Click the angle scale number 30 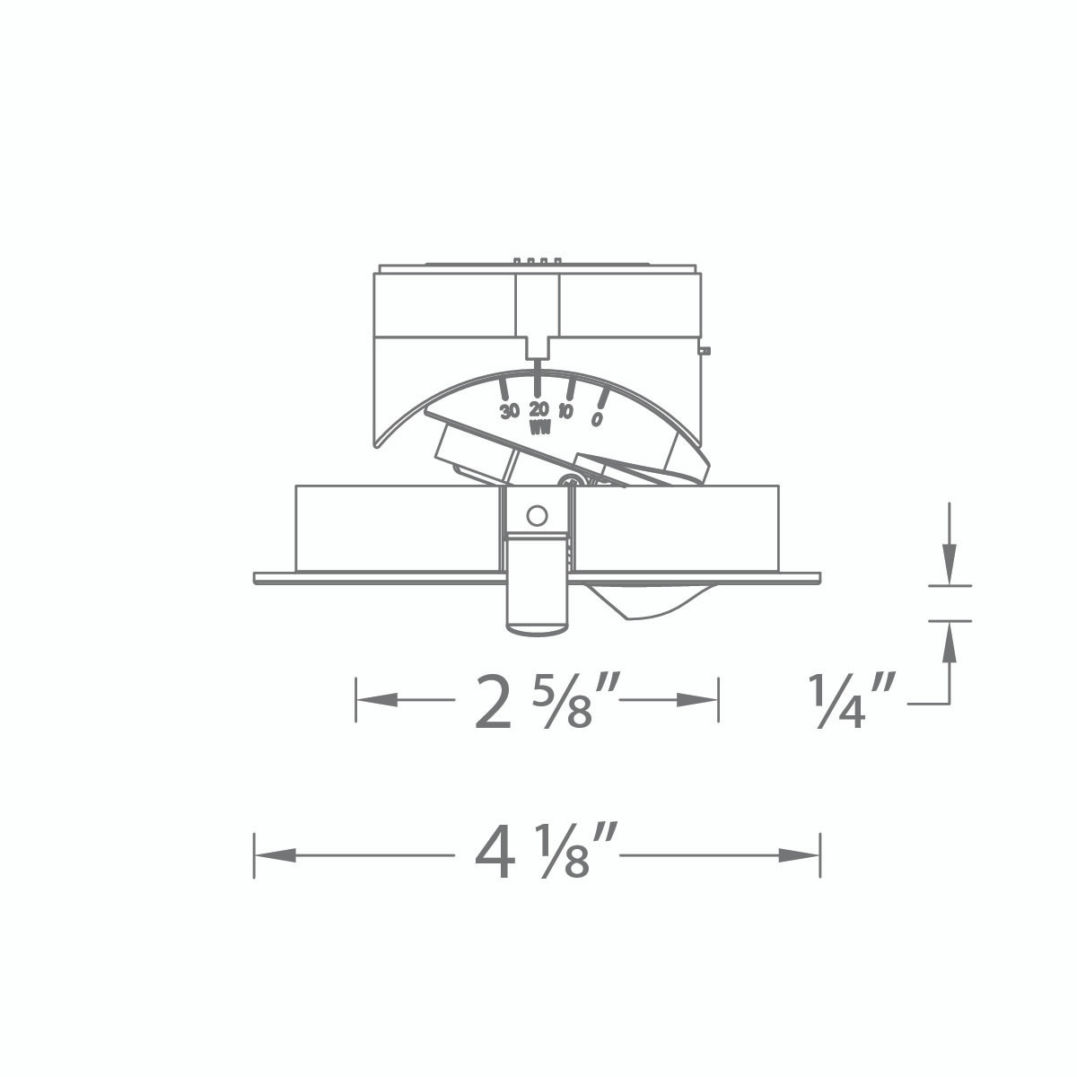coord(509,412)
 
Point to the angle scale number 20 coord(538,409)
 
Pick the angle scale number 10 coord(566,412)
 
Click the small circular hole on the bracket coord(537,515)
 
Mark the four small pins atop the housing coord(537,261)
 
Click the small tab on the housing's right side coord(705,350)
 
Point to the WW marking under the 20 coord(539,427)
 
